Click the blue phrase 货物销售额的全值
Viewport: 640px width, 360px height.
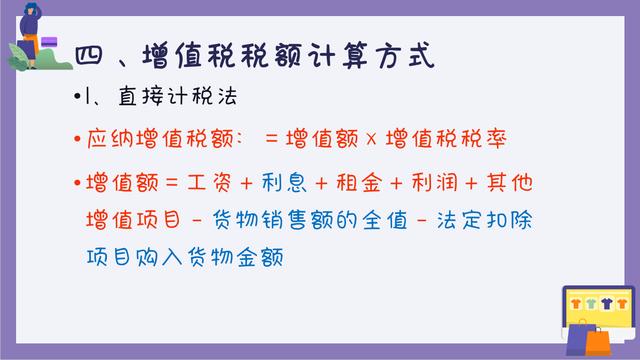[x=287, y=220]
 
